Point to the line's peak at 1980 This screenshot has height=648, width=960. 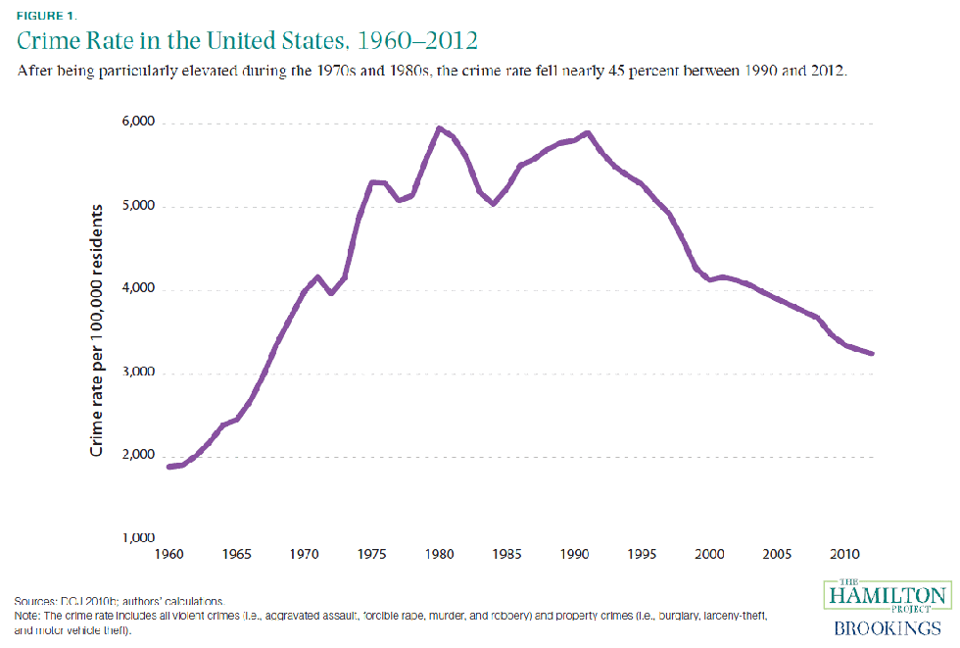click(439, 127)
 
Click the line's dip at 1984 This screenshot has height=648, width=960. click(494, 204)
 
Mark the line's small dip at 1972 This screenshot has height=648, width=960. click(331, 293)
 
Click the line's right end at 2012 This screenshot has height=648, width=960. click(873, 354)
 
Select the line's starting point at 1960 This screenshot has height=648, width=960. click(169, 467)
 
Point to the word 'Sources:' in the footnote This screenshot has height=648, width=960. click(34, 601)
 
